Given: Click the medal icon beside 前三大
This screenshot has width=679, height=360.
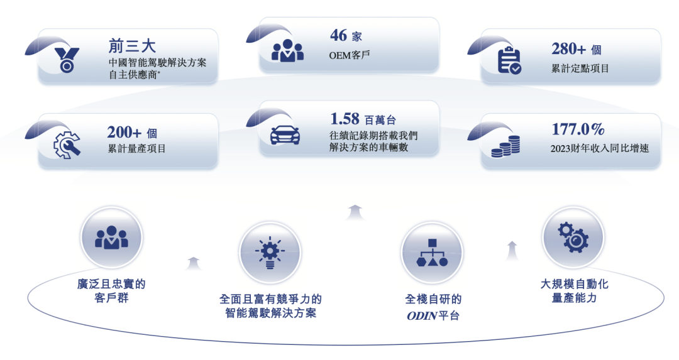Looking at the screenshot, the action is point(67,60).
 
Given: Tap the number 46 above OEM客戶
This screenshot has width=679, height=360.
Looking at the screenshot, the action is point(338,35).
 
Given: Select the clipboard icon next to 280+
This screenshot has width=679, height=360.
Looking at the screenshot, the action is point(509,60).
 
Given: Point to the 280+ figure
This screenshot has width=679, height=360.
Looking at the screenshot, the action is point(568,49).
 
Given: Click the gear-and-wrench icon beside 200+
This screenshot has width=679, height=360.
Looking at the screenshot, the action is point(67,145).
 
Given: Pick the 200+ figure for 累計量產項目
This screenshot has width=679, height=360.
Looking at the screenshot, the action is point(124,132).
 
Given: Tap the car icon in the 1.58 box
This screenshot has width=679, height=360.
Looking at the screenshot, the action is point(285,134).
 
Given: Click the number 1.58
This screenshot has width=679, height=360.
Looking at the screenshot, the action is point(345,119).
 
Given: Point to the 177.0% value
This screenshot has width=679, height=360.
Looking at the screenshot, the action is point(578,129).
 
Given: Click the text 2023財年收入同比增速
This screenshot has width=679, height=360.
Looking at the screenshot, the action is point(600,149).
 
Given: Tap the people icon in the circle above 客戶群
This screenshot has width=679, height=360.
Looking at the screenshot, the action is point(111,237).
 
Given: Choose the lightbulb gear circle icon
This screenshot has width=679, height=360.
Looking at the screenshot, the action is point(270,253).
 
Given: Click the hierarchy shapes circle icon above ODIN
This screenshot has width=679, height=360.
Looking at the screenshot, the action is point(432,253).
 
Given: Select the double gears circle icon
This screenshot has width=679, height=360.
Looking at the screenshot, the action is point(573,237).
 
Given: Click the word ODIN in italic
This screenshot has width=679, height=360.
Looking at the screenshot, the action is point(422,316).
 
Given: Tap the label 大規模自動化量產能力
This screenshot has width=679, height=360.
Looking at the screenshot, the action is point(574,291).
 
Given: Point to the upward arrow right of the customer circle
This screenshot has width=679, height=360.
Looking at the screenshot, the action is point(193,263).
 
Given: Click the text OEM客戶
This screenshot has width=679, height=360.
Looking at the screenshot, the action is point(350,55).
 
